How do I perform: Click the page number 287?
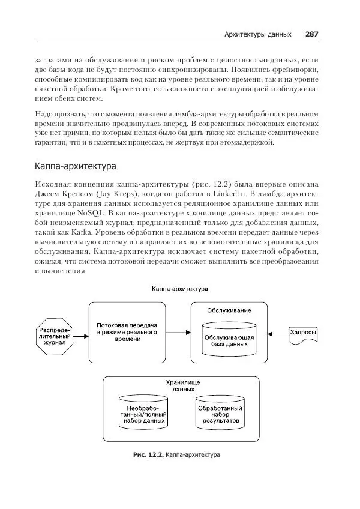311,34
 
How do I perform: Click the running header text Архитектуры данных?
257,34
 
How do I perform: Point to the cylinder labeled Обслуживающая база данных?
229,339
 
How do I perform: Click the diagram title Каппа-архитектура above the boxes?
179,288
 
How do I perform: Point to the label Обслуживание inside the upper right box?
229,310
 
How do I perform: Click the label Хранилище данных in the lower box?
182,385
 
